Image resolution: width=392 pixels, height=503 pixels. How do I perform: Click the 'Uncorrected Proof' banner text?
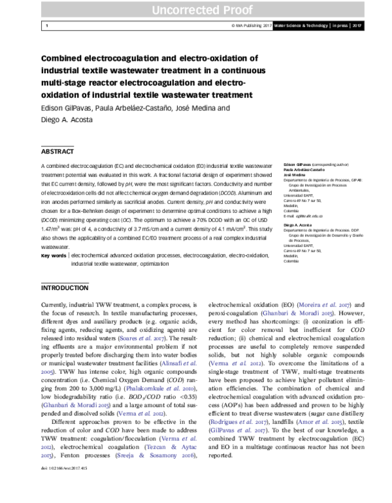click(195, 8)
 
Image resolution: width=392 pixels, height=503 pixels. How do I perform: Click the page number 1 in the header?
click(47, 26)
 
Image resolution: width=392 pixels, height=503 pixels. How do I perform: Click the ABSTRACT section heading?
click(57, 151)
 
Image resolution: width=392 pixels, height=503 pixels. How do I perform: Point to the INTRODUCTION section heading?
click(65, 287)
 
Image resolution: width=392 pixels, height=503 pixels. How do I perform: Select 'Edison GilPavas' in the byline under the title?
click(67, 109)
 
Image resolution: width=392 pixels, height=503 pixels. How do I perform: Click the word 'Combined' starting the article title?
click(65, 58)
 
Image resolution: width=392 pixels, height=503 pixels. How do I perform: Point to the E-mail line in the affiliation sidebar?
click(304, 215)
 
